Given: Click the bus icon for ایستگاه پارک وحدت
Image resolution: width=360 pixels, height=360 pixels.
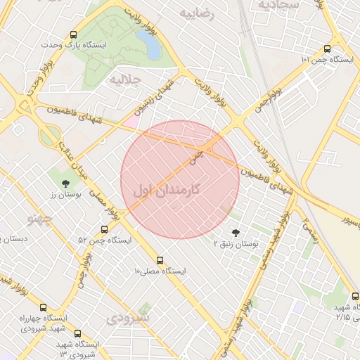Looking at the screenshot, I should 74,34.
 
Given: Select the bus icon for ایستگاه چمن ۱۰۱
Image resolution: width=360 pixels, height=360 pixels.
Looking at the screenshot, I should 327,49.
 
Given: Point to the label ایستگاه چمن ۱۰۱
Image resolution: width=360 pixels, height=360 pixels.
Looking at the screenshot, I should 326,60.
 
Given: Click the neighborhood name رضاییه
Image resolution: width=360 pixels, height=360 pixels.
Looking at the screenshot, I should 196,13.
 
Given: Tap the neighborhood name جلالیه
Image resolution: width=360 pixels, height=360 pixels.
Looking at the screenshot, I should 126,80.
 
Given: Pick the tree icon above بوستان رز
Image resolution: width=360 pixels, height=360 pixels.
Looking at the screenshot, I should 65,183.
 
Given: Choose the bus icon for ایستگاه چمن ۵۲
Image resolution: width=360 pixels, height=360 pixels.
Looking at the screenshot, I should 105,229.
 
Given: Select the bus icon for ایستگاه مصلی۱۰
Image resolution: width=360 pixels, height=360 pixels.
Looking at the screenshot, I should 160,259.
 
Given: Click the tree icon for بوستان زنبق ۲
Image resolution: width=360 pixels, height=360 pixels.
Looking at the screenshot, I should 235,233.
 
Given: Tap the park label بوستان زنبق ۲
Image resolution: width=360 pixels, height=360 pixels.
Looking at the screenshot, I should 236,243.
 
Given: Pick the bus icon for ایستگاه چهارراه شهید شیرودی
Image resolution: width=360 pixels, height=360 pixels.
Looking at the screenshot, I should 44,308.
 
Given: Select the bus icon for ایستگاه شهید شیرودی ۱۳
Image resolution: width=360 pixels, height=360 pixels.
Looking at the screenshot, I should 77,333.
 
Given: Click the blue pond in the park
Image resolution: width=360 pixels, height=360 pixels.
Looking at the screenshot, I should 152,45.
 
